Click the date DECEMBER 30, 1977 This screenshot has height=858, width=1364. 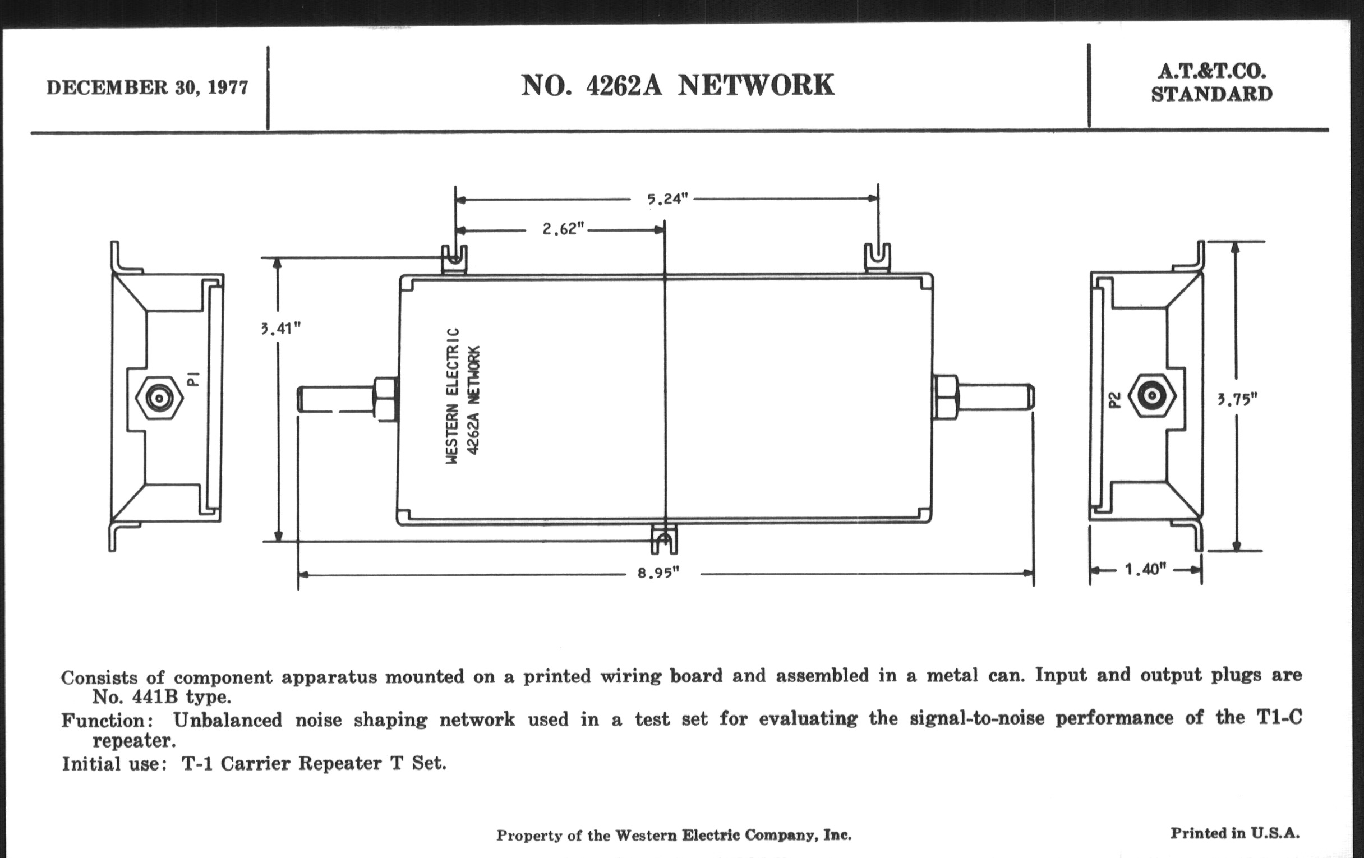pyautogui.click(x=147, y=88)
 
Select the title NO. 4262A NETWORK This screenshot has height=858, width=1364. pyautogui.click(x=677, y=85)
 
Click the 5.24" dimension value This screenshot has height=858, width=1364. pyautogui.click(x=667, y=199)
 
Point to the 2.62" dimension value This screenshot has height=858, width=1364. pyautogui.click(x=563, y=229)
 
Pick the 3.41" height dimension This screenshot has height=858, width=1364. pyautogui.click(x=282, y=329)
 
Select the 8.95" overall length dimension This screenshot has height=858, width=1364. pyautogui.click(x=658, y=573)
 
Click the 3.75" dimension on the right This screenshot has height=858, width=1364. pyautogui.click(x=1237, y=400)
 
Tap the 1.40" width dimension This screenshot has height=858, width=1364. pyautogui.click(x=1145, y=569)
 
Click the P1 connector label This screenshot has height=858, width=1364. pyautogui.click(x=193, y=379)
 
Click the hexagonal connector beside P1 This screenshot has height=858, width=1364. pyautogui.click(x=159, y=398)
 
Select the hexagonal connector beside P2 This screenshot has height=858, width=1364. pyautogui.click(x=1151, y=396)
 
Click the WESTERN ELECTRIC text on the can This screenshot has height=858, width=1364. pyautogui.click(x=452, y=396)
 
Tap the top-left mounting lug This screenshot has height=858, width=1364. pyautogui.click(x=454, y=260)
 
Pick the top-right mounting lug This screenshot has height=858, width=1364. pyautogui.click(x=877, y=259)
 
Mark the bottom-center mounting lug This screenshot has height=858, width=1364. pyautogui.click(x=664, y=539)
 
